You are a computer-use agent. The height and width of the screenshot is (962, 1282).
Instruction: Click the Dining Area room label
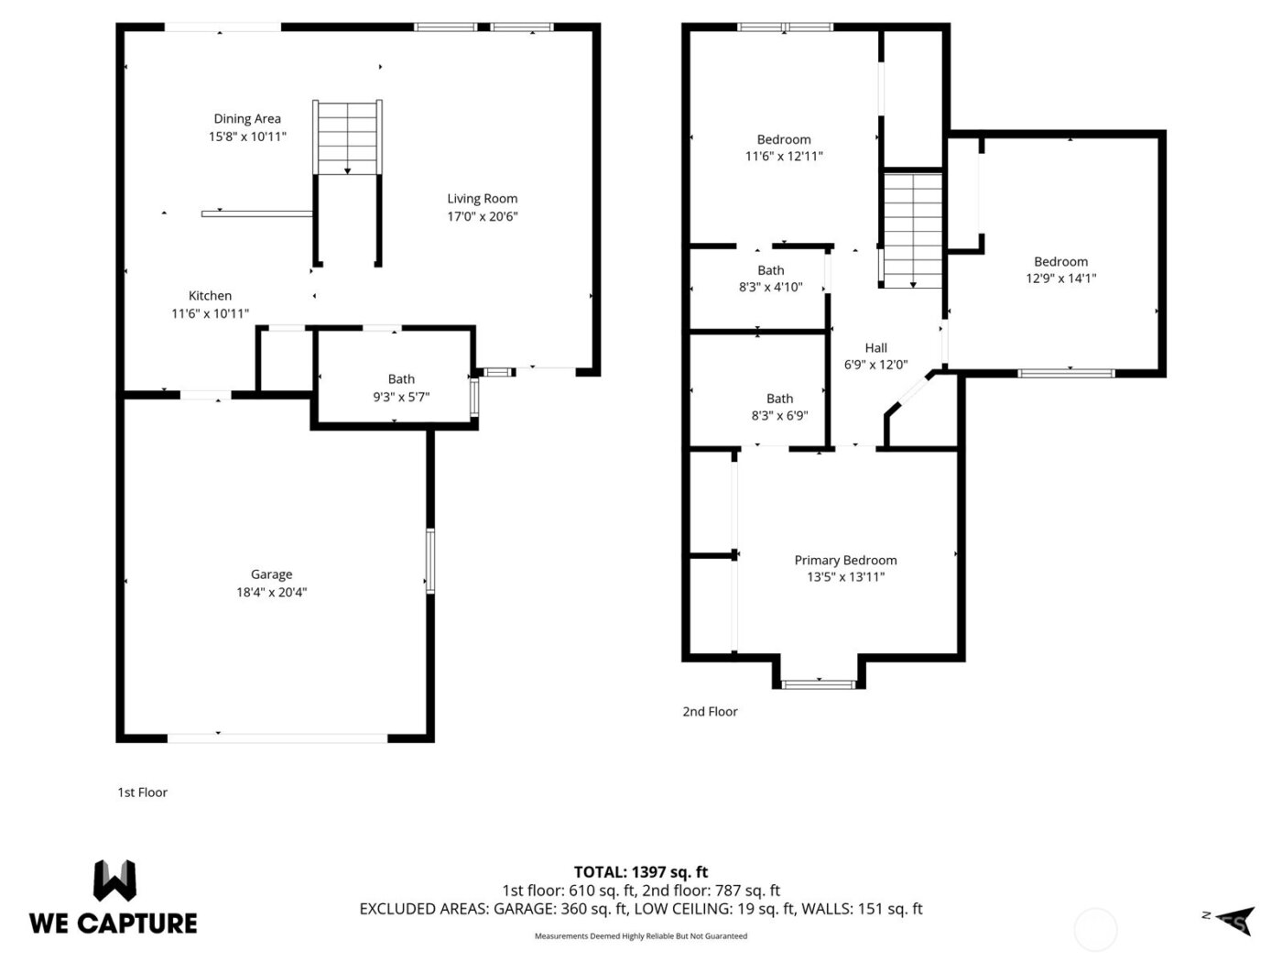[x=247, y=118]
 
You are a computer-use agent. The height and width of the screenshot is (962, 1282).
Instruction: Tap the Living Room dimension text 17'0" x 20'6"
[x=483, y=216]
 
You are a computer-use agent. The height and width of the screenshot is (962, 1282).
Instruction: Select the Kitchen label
[x=210, y=295]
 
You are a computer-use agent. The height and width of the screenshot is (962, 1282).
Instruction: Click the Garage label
[x=271, y=574]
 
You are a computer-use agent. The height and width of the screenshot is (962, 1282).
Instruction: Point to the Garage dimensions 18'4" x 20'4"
[x=271, y=592]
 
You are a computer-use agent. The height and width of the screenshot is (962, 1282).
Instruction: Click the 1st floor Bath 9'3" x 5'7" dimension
[x=401, y=397]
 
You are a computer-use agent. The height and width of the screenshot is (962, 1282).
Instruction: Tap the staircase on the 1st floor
[x=347, y=137]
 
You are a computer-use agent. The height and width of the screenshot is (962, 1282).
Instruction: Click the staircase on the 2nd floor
[x=912, y=230]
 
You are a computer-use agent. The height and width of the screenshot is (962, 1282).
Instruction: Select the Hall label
[x=875, y=347]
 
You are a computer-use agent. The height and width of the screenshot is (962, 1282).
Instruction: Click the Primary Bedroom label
[x=845, y=560]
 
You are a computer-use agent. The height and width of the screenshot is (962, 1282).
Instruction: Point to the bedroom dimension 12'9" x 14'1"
[x=1060, y=279]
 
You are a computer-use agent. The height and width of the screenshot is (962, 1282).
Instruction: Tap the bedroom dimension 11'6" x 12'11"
[x=784, y=157]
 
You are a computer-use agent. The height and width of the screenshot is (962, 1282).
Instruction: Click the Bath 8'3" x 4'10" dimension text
[x=770, y=287]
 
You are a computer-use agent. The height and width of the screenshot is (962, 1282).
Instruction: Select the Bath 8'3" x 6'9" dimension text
[x=779, y=415]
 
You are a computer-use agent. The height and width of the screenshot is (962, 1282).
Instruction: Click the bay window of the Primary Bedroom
[x=819, y=683]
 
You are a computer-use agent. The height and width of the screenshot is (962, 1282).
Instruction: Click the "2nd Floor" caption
[x=710, y=711]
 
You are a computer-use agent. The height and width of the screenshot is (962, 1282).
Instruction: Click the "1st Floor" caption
[x=142, y=793]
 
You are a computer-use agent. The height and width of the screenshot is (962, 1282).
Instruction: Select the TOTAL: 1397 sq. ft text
[x=640, y=871]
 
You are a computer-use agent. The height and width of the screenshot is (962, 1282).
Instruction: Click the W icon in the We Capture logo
[x=114, y=880]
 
